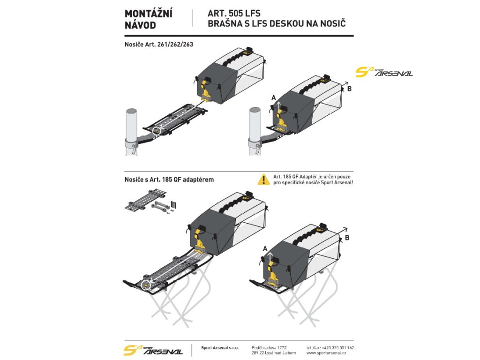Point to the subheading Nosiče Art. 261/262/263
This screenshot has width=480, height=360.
point(159,45)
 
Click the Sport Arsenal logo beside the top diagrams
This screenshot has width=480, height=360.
point(384,72)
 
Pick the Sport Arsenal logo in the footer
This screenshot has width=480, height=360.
point(152,350)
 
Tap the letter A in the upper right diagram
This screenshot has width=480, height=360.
point(274,97)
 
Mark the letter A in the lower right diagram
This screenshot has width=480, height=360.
point(265,248)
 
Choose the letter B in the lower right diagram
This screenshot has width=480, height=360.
point(347,238)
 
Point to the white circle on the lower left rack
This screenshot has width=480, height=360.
point(146,284)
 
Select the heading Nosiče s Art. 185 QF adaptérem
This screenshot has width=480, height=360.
point(168,179)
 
